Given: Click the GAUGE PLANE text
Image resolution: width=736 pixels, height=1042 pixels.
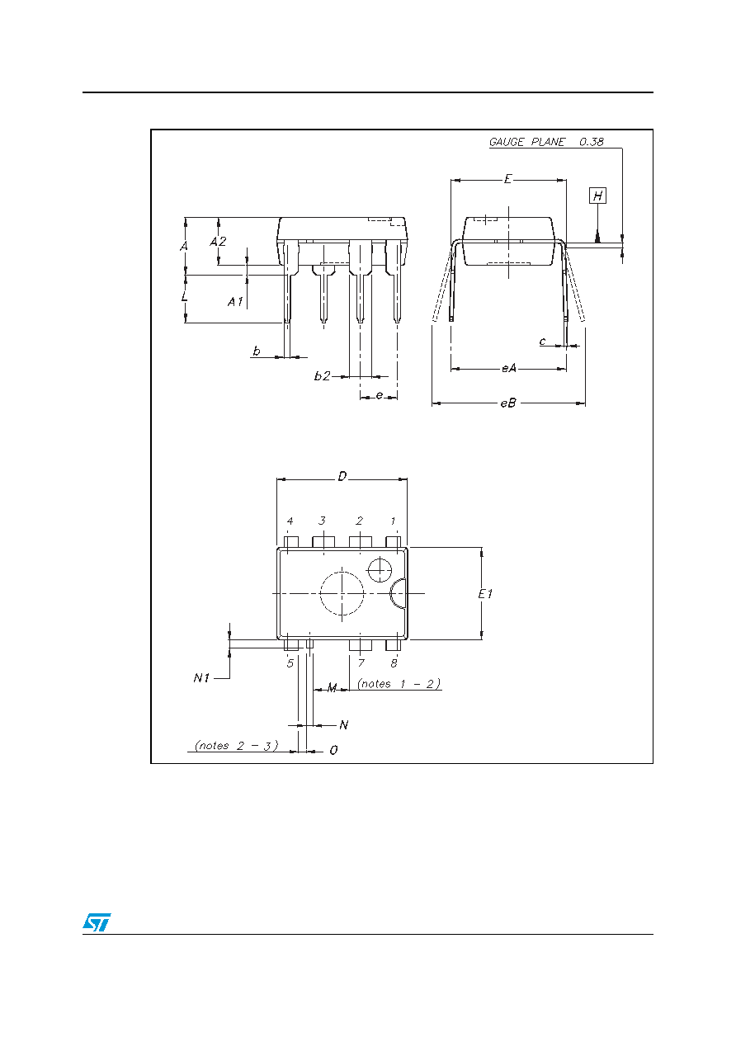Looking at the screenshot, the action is pyautogui.click(x=527, y=142).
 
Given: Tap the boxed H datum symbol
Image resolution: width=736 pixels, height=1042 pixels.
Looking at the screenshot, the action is pyautogui.click(x=598, y=196).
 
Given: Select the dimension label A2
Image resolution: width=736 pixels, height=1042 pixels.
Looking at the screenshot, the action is pyautogui.click(x=218, y=242).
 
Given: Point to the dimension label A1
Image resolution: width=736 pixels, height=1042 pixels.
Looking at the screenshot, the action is pyautogui.click(x=235, y=302).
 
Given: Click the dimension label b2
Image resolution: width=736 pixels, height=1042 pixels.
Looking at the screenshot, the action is pyautogui.click(x=322, y=376).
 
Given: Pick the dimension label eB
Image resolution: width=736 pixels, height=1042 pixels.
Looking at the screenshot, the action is pyautogui.click(x=508, y=403).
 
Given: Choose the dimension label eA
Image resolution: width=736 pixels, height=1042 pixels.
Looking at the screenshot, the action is pyautogui.click(x=509, y=369).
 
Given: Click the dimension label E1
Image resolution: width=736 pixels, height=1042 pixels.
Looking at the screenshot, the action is pyautogui.click(x=485, y=593).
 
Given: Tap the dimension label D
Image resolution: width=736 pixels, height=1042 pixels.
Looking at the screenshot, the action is pyautogui.click(x=342, y=476).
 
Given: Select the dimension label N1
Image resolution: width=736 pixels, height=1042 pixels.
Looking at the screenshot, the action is pyautogui.click(x=201, y=678).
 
